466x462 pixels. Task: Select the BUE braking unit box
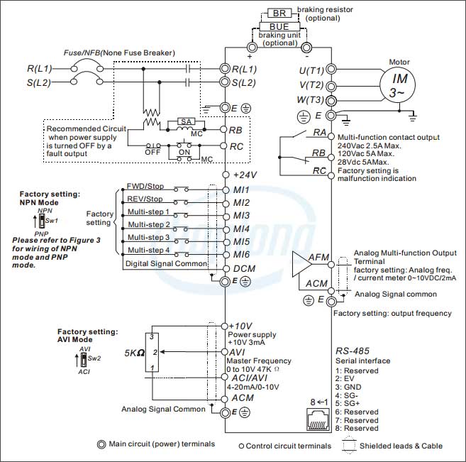tap(279, 26)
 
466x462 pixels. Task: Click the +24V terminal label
tap(244, 174)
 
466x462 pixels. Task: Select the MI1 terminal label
tap(241, 190)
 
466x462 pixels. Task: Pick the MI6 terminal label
tap(241, 254)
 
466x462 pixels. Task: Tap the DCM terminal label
tap(244, 269)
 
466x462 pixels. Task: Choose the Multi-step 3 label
tap(148, 237)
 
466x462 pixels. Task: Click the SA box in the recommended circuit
tap(186, 121)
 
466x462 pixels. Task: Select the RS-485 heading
tap(353, 351)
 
